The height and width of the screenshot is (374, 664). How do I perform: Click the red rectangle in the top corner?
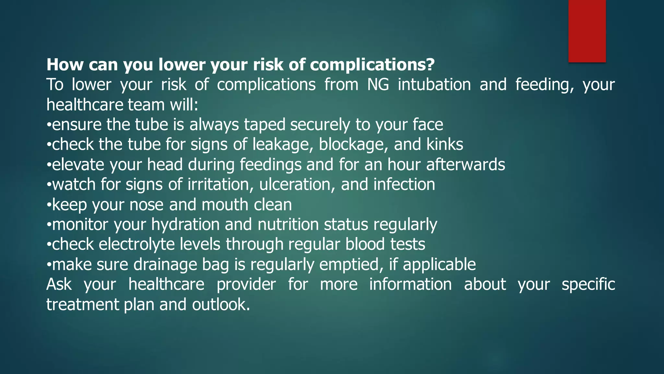(x=587, y=31)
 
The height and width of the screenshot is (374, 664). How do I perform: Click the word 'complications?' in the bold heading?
(x=372, y=65)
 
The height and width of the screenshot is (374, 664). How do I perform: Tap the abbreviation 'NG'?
(x=378, y=85)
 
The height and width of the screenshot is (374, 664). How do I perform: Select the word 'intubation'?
(x=434, y=85)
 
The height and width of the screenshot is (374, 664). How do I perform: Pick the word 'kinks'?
(x=445, y=144)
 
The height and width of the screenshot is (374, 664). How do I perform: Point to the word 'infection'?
(x=404, y=185)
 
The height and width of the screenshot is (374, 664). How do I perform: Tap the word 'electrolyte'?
(x=136, y=244)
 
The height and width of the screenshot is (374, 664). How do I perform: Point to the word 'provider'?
(x=246, y=285)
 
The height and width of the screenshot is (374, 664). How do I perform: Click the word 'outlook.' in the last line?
(x=221, y=305)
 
